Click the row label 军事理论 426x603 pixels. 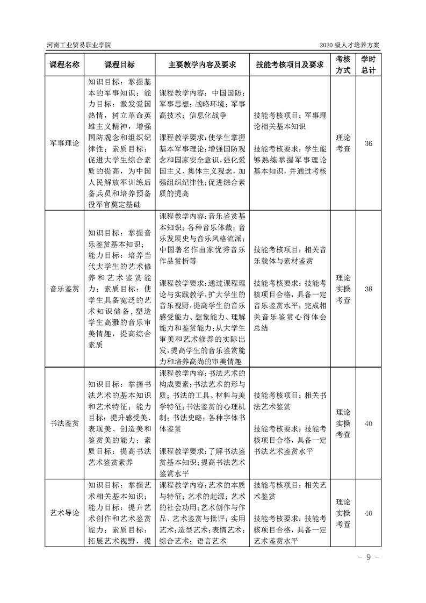coord(64,143)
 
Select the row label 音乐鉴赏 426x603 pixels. coord(64,289)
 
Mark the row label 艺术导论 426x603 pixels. coord(64,513)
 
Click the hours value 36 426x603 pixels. coord(369,143)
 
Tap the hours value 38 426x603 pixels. coord(369,289)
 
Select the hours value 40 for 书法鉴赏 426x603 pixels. coord(369,423)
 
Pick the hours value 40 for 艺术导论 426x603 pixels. coord(369,513)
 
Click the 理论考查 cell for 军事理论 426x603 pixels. coord(343,143)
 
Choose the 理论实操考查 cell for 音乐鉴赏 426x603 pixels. coord(343,289)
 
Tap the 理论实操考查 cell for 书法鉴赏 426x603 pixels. coord(343,423)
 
